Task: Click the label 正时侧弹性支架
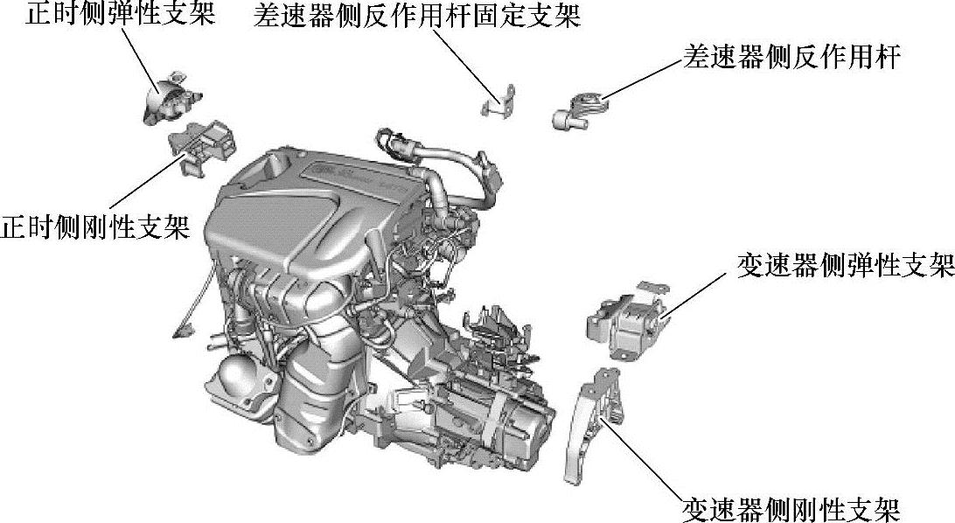point(120,13)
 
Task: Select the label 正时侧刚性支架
point(95,227)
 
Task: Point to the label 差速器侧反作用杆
point(791,56)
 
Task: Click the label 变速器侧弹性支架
point(846,265)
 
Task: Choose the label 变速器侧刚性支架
point(791,509)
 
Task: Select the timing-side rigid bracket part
point(202,146)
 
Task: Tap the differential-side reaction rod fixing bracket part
point(498,102)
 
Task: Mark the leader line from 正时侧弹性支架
point(143,59)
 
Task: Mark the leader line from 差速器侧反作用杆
point(641,80)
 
